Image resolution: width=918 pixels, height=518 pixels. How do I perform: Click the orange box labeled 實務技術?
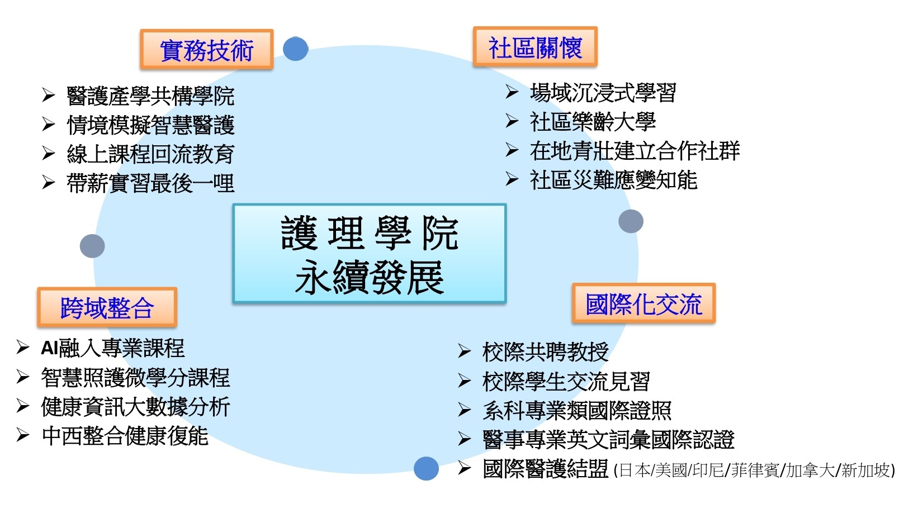pyautogui.click(x=206, y=50)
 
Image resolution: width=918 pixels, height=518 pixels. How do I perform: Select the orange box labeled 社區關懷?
pyautogui.click(x=535, y=47)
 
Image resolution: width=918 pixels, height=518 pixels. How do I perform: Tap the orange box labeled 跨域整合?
pyautogui.click(x=107, y=307)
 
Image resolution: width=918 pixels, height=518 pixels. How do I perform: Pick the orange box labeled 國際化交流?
pyautogui.click(x=643, y=304)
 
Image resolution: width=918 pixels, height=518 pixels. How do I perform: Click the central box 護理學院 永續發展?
pyautogui.click(x=369, y=254)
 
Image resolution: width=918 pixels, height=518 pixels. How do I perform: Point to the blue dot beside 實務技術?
pyautogui.click(x=295, y=49)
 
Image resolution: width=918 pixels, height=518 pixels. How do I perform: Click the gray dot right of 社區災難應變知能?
pyautogui.click(x=631, y=221)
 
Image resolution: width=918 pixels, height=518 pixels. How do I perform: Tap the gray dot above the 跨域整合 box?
pyautogui.click(x=92, y=246)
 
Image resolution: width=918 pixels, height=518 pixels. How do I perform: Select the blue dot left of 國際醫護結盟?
pyautogui.click(x=426, y=468)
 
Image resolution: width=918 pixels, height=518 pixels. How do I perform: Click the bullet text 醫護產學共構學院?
pyautogui.click(x=150, y=96)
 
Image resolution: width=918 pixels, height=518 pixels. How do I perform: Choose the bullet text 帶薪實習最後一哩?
pyautogui.click(x=150, y=183)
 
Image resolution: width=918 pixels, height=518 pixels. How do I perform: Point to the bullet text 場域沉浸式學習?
pyautogui.click(x=603, y=93)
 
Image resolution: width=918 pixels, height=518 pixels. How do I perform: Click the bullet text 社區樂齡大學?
pyautogui.click(x=592, y=122)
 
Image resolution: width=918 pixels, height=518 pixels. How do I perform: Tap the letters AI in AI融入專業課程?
pyautogui.click(x=50, y=349)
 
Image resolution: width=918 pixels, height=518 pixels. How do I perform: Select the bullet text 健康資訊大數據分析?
pyautogui.click(x=135, y=407)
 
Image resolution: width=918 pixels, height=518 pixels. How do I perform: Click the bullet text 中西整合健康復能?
pyautogui.click(x=125, y=436)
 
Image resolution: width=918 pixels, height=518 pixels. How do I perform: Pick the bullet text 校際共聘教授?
pyautogui.click(x=545, y=352)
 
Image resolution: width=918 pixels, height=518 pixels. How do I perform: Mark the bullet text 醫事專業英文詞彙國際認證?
pyautogui.click(x=608, y=440)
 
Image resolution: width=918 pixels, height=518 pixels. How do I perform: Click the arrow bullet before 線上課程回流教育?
pyautogui.click(x=49, y=154)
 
